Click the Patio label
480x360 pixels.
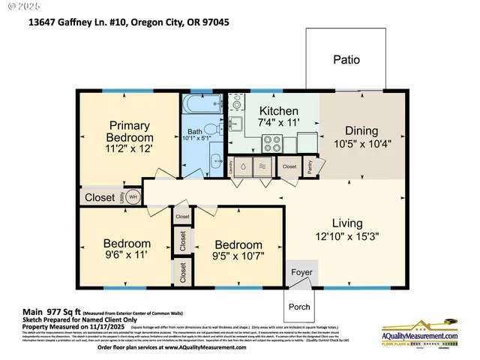[x=346, y=60]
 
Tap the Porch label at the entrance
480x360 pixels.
[x=300, y=307]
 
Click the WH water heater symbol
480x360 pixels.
[x=133, y=197]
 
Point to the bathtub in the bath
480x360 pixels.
[x=201, y=103]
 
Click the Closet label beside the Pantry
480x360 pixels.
[x=289, y=166]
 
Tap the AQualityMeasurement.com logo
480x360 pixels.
[x=420, y=334]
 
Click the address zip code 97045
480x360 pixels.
[x=212, y=22]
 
